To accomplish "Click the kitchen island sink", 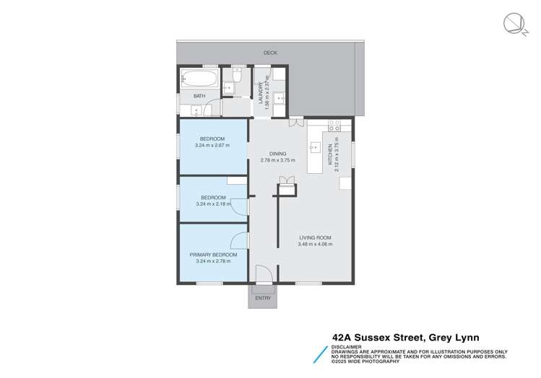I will [x=315, y=149].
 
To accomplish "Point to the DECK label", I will [x=269, y=53].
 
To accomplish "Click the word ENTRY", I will [x=263, y=298].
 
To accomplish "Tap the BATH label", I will [x=199, y=96].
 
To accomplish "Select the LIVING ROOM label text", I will [x=314, y=237].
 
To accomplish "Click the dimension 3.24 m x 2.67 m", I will [x=212, y=145].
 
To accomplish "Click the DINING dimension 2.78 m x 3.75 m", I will [x=278, y=160].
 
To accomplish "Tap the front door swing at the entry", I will [x=264, y=273].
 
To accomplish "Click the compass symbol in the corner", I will [x=515, y=23].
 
